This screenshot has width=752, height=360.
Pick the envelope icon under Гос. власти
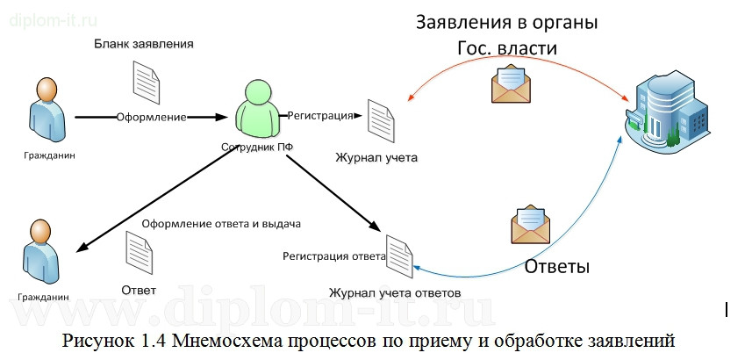tap(512, 87)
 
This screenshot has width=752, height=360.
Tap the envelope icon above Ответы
tap(533, 224)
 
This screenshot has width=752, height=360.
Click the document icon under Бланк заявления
tap(145, 82)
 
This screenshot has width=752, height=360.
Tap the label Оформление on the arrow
tap(151, 117)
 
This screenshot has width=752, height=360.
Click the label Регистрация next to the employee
tap(320, 115)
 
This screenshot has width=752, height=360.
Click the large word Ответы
tap(556, 266)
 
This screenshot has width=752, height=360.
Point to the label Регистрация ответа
tap(333, 256)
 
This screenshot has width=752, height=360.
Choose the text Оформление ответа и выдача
tap(221, 223)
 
